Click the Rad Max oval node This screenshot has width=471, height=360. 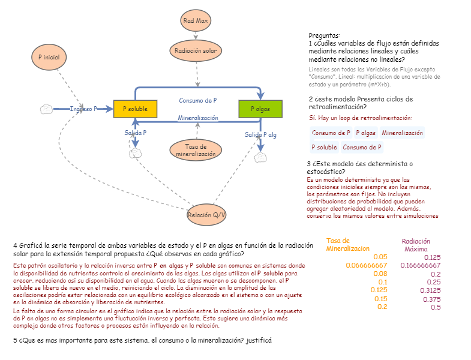196,20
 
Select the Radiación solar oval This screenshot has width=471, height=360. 196,51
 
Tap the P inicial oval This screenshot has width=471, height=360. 49,56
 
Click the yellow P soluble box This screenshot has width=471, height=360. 135,109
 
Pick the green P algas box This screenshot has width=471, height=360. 260,109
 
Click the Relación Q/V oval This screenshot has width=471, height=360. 207,215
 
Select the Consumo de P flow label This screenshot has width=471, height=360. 198,100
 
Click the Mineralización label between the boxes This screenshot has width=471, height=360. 198,118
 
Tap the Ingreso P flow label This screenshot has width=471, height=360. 83,109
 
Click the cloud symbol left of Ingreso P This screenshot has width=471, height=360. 46,109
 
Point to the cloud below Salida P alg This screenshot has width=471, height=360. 260,158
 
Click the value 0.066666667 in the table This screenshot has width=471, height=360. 367,265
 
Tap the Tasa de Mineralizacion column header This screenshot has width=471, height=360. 348,245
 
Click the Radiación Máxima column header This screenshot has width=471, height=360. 416,245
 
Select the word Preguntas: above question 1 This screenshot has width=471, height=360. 324,36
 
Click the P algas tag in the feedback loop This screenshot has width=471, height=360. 365,133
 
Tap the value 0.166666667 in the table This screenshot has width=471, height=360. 420,265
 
